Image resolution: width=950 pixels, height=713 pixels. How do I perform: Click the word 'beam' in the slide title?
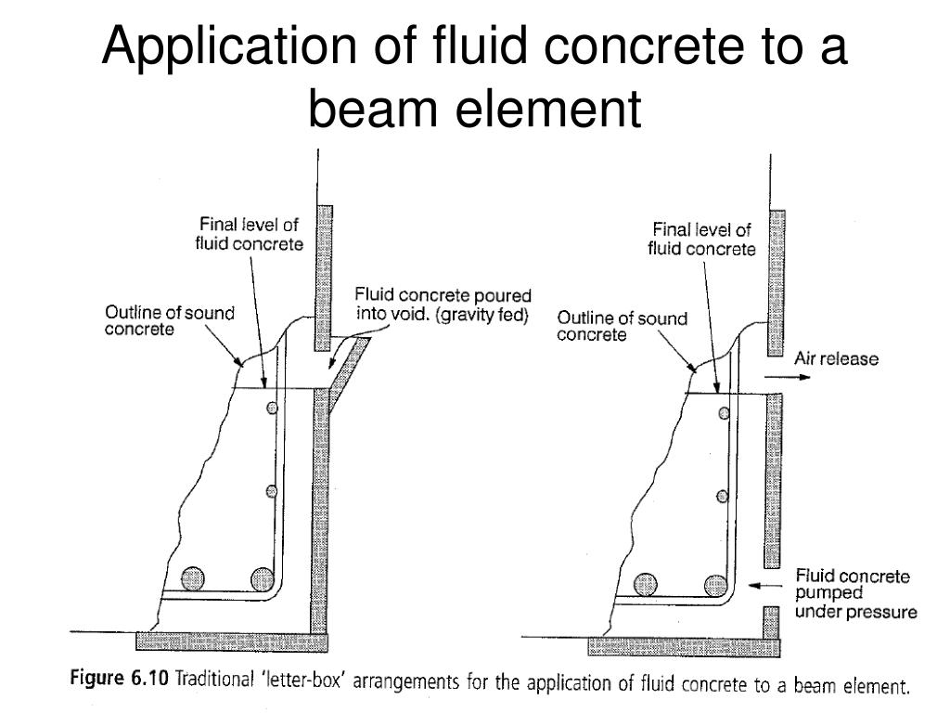tap(371, 110)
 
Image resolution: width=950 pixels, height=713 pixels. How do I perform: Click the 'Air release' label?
tap(835, 358)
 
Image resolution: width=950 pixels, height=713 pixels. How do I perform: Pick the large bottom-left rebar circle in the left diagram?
tap(193, 579)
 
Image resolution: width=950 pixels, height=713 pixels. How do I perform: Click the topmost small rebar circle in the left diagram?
tap(271, 408)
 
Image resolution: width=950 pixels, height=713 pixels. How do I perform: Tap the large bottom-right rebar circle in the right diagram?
tap(714, 584)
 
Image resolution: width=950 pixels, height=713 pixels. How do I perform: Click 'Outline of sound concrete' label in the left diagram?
tap(169, 321)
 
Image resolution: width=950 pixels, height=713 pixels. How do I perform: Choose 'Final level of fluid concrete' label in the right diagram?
tap(700, 239)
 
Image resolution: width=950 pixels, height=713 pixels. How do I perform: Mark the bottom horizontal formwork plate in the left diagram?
tap(232, 641)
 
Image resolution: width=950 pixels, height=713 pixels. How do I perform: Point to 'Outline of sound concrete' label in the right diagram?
tap(622, 326)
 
